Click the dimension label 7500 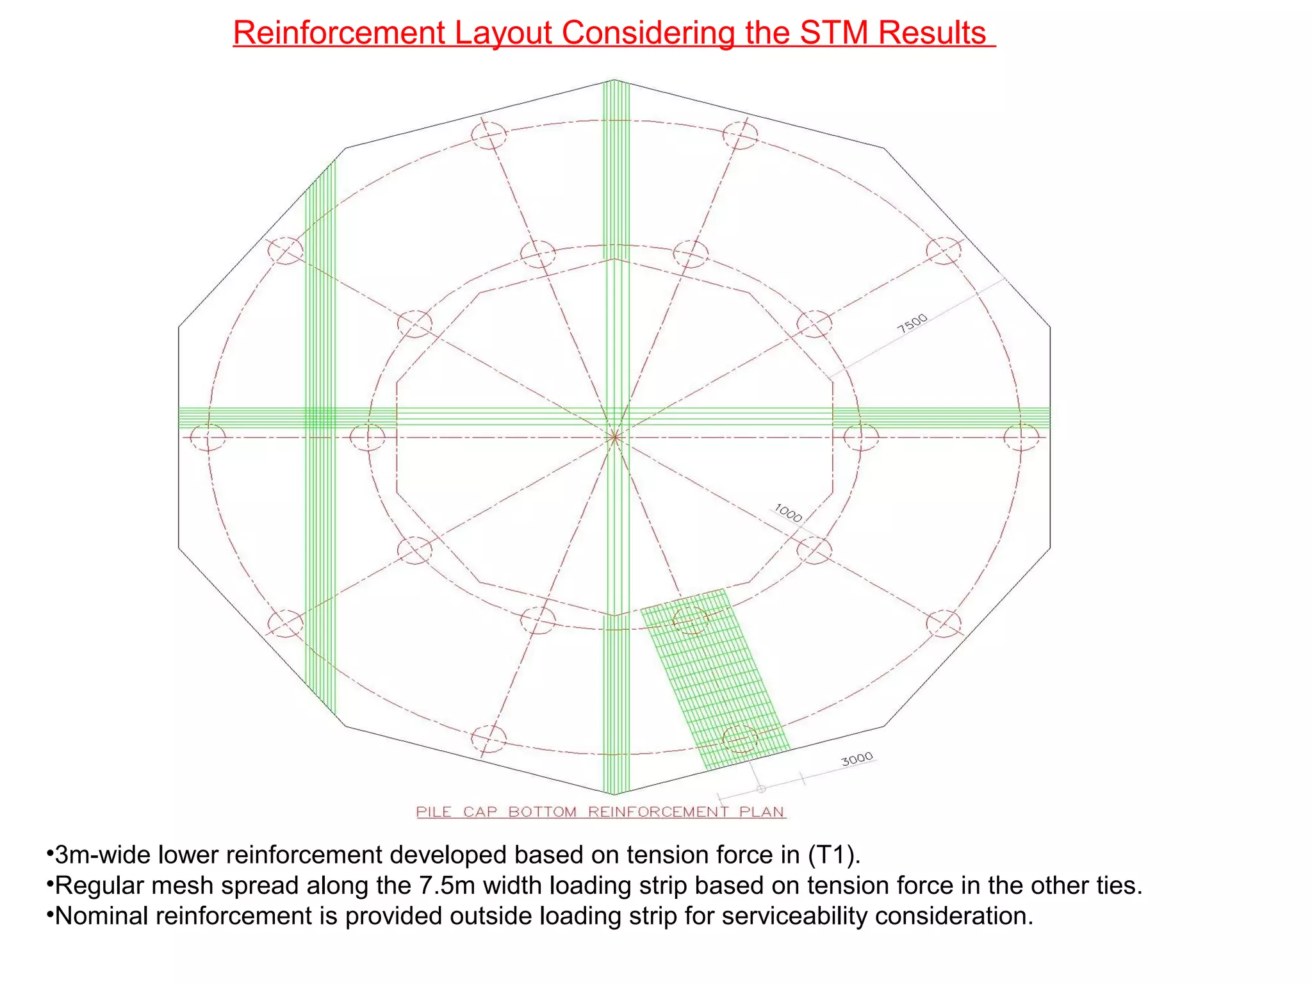pos(912,323)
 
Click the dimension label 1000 pos(788,513)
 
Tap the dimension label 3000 pos(857,759)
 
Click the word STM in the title pos(835,33)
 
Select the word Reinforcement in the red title pos(339,33)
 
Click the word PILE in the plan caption pos(434,812)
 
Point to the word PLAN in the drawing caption pos(762,812)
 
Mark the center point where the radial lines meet pos(614,438)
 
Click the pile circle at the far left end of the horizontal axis pos(208,438)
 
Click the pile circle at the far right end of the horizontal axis pos(1021,438)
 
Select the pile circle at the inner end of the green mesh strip pos(690,619)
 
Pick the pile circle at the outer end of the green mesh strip pos(740,739)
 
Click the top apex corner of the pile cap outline pos(614,80)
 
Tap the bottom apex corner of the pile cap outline pos(614,794)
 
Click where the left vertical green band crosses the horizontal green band pos(320,418)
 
